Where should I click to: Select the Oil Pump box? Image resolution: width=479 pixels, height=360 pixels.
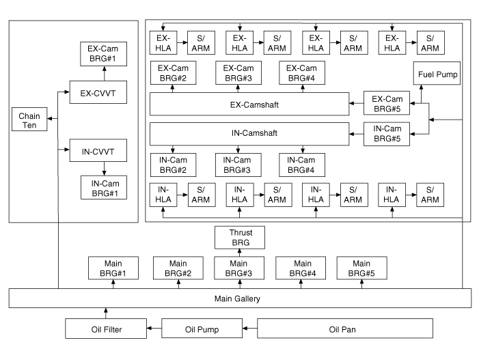click(202, 329)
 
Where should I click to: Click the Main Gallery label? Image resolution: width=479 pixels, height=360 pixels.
click(239, 298)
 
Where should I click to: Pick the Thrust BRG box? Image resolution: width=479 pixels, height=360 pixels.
click(238, 236)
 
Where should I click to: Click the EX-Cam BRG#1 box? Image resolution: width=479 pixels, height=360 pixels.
click(103, 54)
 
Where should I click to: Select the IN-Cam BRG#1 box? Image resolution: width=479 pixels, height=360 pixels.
click(103, 186)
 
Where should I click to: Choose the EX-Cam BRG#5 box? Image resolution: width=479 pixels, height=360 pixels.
click(386, 104)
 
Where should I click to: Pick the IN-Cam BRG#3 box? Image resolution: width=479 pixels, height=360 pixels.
click(238, 164)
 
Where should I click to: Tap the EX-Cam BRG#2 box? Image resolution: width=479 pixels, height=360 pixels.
click(173, 73)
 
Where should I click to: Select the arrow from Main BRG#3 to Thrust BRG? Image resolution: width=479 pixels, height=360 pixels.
click(238, 252)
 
